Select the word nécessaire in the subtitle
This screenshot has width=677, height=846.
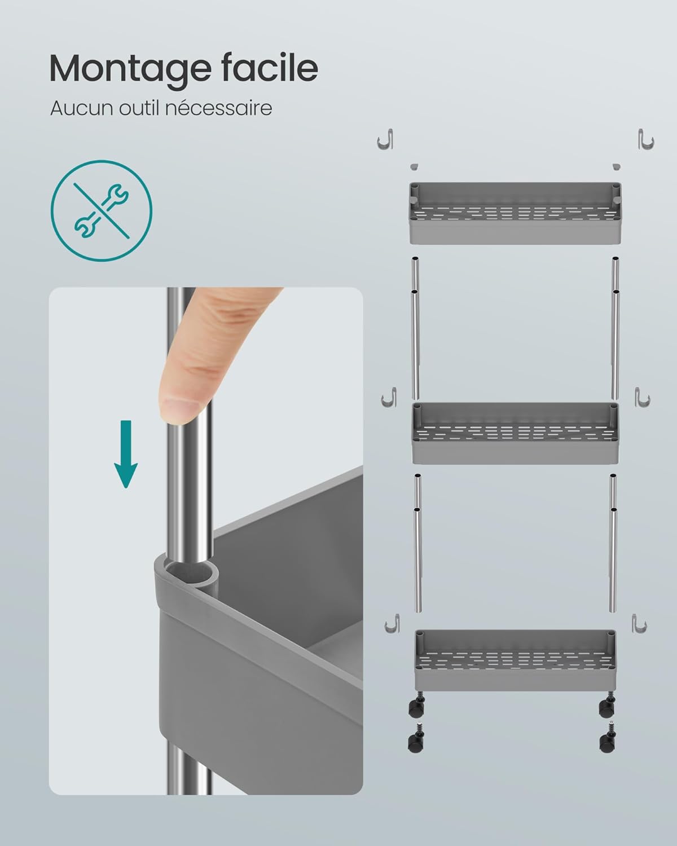218,108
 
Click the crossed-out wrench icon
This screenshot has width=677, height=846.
102,210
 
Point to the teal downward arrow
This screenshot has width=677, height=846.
126,454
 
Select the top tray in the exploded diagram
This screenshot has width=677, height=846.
515,213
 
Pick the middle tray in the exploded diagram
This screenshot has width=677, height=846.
515,433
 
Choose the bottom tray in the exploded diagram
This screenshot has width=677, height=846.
515,660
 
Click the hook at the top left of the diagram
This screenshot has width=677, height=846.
385,139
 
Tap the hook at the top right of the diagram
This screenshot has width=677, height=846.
646,139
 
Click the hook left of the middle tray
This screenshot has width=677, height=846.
389,397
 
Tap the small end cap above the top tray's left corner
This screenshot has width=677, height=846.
414,167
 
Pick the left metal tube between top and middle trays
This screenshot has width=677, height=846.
415,329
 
